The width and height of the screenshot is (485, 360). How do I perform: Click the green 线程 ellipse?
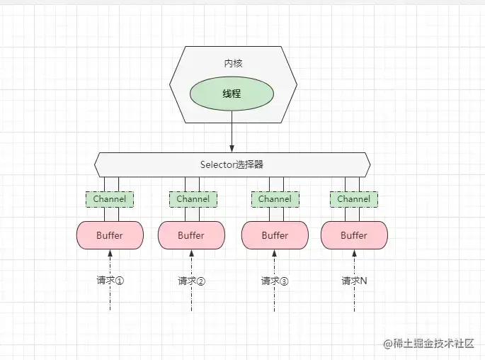232,94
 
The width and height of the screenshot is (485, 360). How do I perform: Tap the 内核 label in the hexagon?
232,63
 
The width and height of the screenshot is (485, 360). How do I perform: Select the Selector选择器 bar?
232,164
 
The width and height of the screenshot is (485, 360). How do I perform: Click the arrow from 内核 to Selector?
232,135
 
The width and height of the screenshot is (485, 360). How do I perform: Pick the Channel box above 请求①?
110,199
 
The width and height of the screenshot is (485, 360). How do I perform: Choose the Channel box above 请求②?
193,199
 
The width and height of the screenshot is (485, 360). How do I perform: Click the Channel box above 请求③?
275,199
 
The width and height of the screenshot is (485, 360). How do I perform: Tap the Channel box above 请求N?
353,199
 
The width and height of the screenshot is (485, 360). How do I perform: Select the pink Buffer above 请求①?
110,235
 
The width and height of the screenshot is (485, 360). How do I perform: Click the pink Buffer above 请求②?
191,235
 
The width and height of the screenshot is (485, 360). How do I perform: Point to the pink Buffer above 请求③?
275,235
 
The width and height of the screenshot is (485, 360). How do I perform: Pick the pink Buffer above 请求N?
354,235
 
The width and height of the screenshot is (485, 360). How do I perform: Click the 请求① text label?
110,280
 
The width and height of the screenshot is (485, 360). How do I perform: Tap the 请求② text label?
192,281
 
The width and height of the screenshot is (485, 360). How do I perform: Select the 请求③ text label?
275,281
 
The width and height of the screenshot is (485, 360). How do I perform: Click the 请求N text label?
354,281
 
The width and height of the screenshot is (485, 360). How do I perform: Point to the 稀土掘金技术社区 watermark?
433,344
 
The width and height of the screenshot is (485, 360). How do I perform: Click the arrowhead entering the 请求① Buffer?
110,253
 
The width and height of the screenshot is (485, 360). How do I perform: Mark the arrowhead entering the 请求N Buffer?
354,253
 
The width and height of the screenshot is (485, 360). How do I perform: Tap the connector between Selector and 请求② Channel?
193,184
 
